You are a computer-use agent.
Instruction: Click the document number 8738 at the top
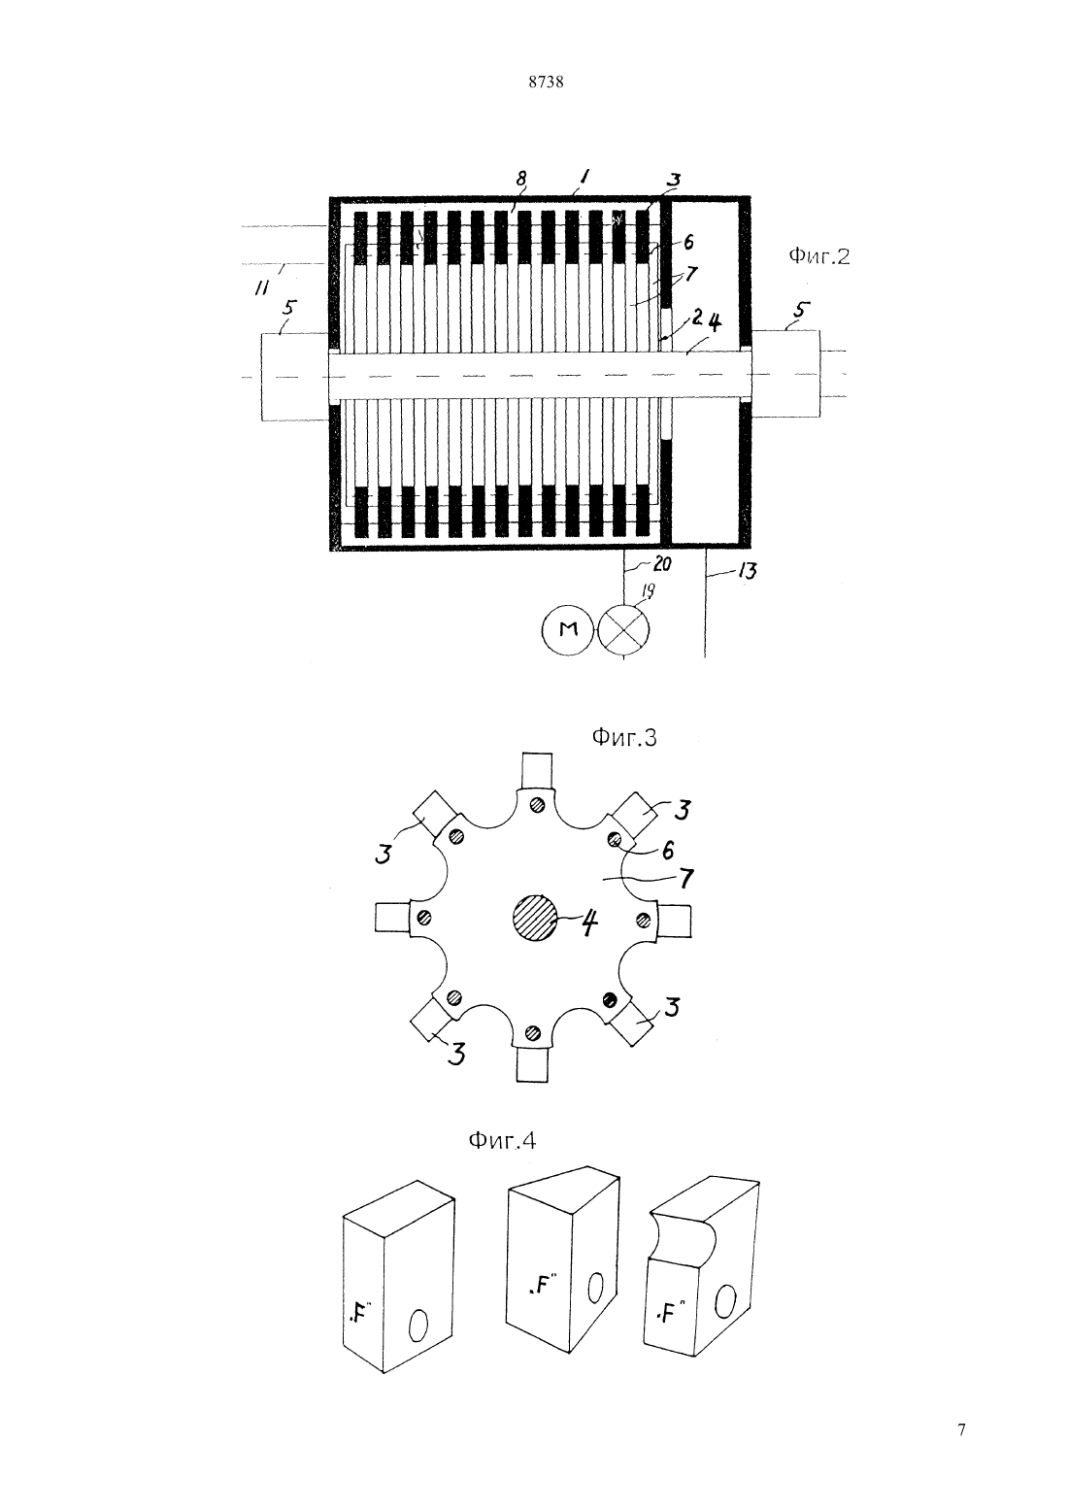tap(546, 83)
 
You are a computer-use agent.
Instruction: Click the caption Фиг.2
tap(819, 256)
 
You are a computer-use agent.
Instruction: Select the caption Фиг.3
tap(624, 738)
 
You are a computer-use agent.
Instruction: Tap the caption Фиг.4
tap(502, 1140)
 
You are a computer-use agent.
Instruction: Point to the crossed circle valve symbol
tap(623, 629)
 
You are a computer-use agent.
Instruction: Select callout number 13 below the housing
tap(747, 571)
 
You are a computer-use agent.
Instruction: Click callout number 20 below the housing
tap(662, 563)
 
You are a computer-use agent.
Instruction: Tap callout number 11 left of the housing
tap(261, 288)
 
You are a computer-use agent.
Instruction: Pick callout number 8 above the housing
tap(520, 179)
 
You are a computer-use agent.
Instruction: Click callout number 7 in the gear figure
tap(686, 878)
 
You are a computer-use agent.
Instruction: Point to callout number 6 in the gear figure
tap(668, 851)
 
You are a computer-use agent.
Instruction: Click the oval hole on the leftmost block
tap(418, 1326)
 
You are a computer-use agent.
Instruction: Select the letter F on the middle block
tap(541, 1285)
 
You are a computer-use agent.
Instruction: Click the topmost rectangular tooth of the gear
tap(537, 771)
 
